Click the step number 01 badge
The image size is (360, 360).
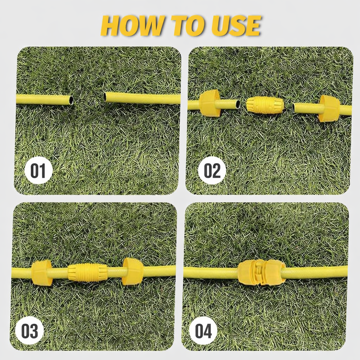coord(38,171)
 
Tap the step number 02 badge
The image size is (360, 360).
coord(212,171)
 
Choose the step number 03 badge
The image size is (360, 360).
coord(30,330)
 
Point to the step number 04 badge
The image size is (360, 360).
coord(203,330)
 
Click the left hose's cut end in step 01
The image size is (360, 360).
coord(71,100)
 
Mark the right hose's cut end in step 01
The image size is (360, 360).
coord(105,97)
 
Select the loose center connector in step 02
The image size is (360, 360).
coord(265,105)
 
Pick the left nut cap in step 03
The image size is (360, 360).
coord(41,273)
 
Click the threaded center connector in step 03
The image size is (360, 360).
coord(88,273)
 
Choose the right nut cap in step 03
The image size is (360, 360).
coord(133,271)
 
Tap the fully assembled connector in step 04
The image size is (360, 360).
coord(262,272)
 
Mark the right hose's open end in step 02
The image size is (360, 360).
coord(295,108)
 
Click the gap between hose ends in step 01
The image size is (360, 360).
coord(88,99)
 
